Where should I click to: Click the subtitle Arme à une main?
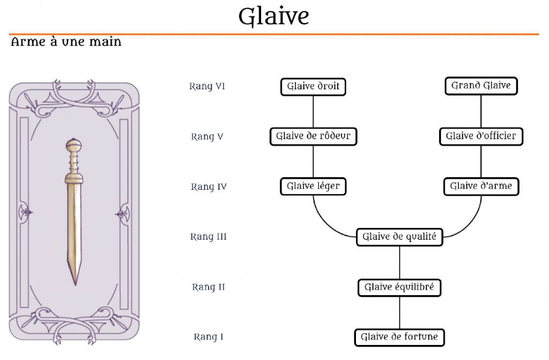coord(66,42)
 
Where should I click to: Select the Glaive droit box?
coord(313,86)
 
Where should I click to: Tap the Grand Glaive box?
coord(480,86)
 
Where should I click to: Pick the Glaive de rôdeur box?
coord(313,136)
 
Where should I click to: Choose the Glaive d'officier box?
coord(480,136)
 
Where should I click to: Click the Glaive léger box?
coord(313,187)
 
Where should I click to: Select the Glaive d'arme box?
coord(481,187)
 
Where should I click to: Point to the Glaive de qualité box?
coord(399,237)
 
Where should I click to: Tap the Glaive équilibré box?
coord(399,288)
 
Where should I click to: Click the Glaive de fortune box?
coord(399,337)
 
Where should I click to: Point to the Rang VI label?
coord(207,86)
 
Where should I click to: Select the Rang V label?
coord(207,137)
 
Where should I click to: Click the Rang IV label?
coord(209,187)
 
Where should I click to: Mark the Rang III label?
coord(209,237)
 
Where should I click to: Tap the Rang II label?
coord(209,288)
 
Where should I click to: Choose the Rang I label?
coord(209,337)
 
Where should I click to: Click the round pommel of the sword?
coord(73,145)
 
